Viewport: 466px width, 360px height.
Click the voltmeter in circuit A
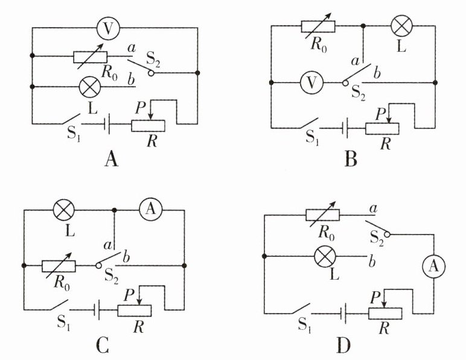pos(108,28)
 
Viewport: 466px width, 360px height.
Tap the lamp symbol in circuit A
pos(90,87)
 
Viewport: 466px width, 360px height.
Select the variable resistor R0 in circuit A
pos(91,57)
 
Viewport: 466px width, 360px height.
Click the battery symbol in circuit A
pos(107,124)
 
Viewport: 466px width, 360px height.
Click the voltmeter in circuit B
pos(311,83)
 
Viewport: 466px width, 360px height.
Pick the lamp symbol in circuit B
pos(402,26)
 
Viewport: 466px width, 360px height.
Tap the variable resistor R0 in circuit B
pos(318,26)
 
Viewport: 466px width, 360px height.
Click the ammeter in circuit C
pos(151,210)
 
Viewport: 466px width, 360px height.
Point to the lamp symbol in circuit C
pos(63,210)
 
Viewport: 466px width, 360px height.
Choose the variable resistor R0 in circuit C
pos(59,266)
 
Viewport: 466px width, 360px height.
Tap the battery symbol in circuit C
pos(97,311)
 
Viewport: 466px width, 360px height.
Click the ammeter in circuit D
pos(434,266)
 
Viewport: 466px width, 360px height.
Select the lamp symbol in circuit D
pos(325,256)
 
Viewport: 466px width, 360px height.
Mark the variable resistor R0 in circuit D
pos(323,215)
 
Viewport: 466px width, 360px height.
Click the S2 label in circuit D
pos(377,238)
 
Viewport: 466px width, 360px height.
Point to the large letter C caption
pos(103,346)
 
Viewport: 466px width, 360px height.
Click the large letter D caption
pos(343,346)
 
